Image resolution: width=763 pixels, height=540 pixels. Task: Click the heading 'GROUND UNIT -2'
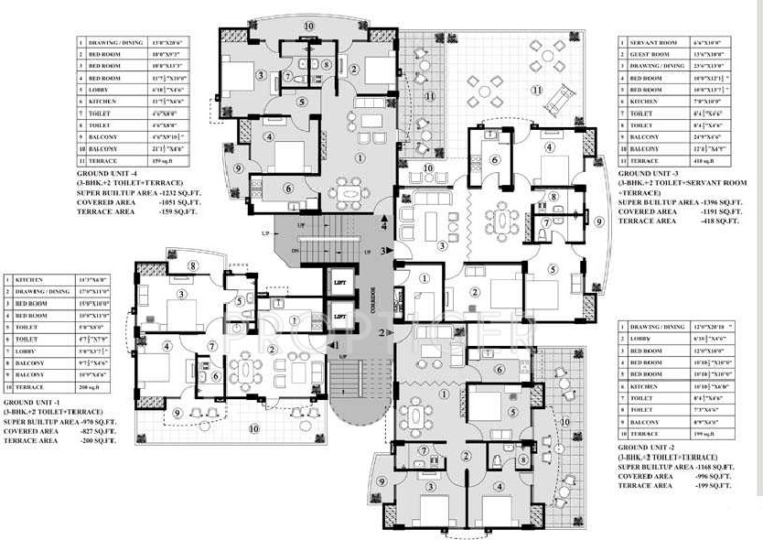point(652,446)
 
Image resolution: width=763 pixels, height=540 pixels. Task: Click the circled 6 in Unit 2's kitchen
point(499,369)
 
